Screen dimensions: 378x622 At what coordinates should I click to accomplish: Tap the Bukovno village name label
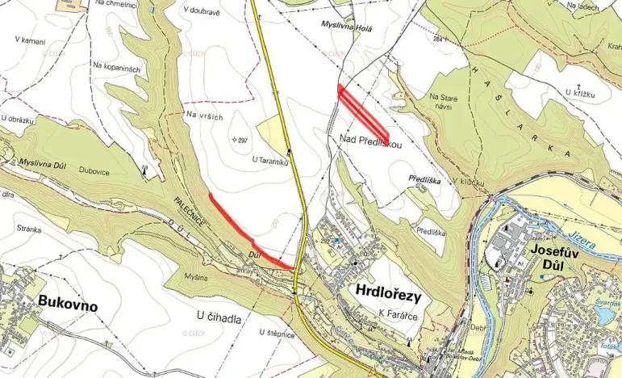coord(67,306)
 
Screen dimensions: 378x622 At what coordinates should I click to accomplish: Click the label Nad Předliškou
coord(365,141)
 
